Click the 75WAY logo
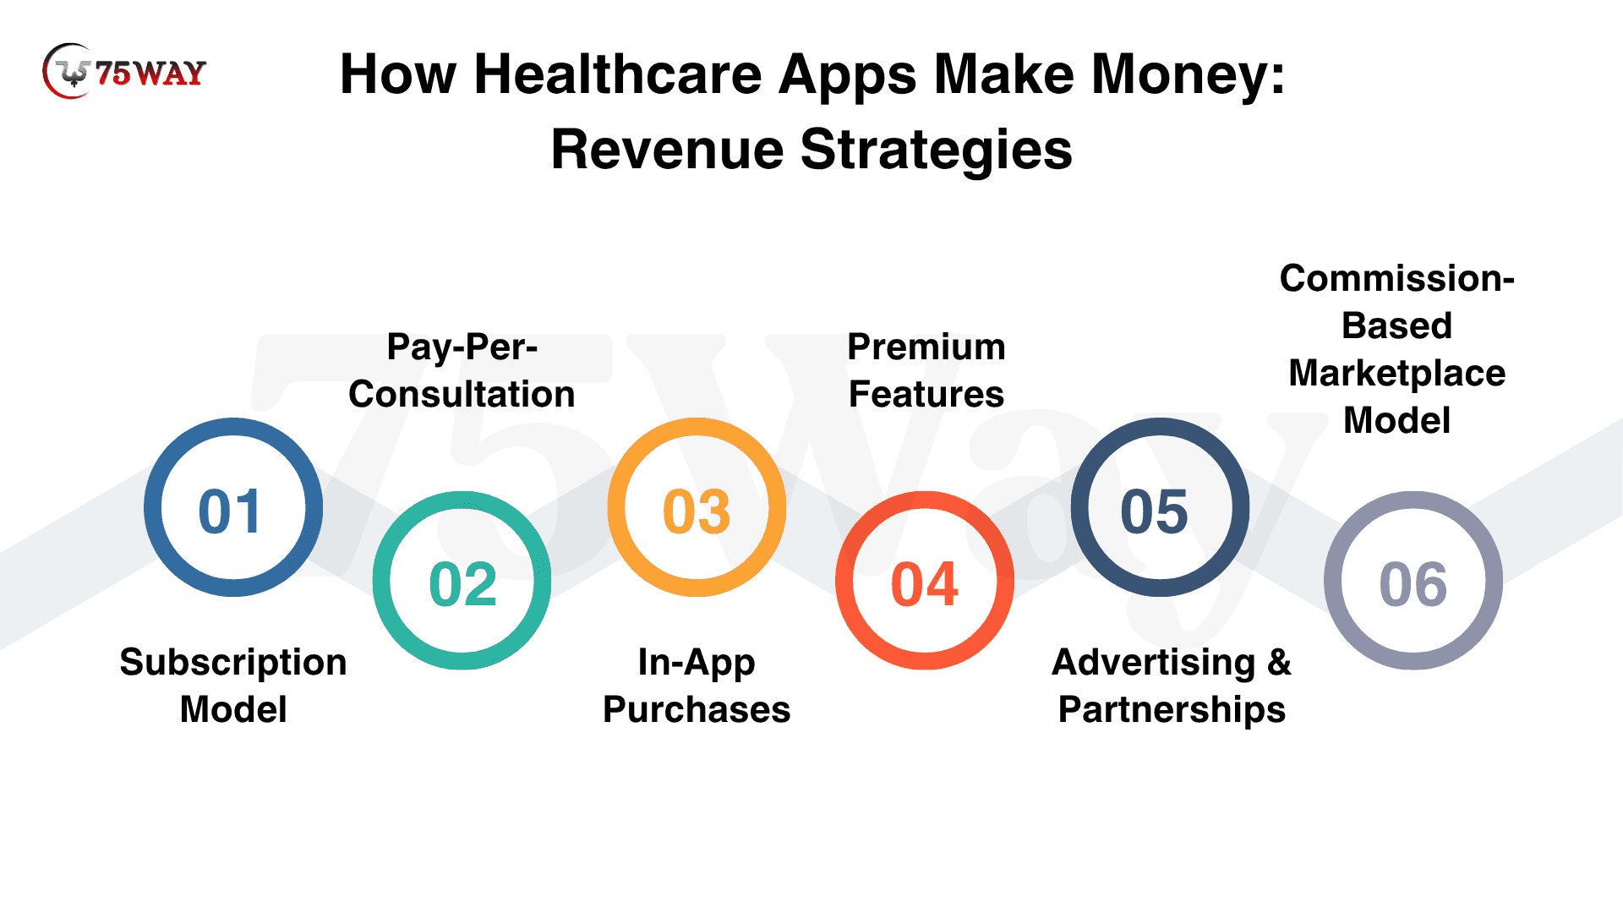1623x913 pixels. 124,72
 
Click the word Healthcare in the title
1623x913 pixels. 618,74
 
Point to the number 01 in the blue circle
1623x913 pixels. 230,512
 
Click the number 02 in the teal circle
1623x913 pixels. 463,585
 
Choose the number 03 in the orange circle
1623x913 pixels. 697,512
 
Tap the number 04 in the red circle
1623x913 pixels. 925,585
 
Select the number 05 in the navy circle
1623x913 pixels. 1155,512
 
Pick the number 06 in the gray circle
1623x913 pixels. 1413,585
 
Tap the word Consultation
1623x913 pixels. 462,394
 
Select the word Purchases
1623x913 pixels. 697,709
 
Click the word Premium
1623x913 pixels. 926,347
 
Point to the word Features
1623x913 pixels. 926,394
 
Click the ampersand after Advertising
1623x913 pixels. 1280,662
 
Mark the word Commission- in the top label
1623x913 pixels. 1397,278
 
